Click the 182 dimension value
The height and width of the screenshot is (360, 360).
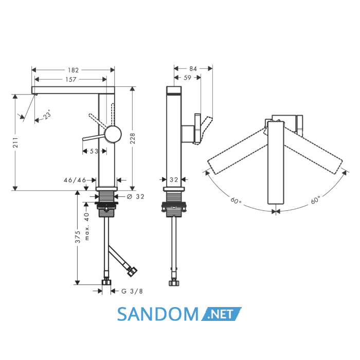[73, 70]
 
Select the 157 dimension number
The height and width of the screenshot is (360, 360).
[71, 79]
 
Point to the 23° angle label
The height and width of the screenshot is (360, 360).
[47, 114]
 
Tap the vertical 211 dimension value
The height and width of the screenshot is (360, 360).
[15, 142]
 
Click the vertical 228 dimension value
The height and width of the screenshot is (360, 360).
[133, 138]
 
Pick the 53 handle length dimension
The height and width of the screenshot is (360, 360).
[94, 151]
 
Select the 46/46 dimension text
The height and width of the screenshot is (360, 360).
[75, 180]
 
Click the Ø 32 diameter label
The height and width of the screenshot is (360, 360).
[135, 196]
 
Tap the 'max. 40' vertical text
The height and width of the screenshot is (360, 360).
[87, 226]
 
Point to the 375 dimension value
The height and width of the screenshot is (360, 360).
[78, 237]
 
